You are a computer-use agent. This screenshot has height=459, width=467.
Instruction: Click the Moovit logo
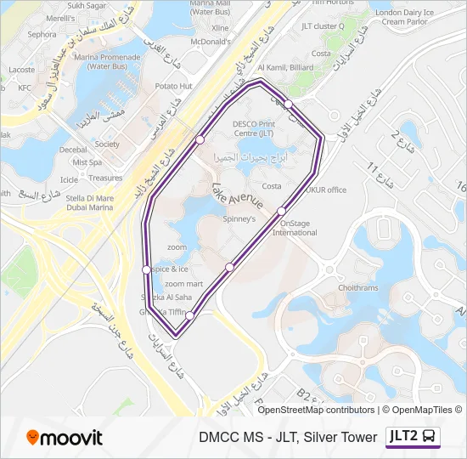pos(65,438)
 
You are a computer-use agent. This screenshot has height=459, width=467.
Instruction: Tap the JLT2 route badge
pos(414,437)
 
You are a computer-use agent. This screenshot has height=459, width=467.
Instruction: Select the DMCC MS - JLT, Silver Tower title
pos(288,438)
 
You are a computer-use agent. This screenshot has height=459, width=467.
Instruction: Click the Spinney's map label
pos(239,218)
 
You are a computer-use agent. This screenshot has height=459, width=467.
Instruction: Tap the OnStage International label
pos(294,228)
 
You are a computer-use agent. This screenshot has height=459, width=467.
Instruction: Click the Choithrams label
pos(357,288)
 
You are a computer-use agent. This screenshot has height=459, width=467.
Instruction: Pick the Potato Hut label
pos(174,86)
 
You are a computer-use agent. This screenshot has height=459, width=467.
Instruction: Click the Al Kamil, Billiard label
pos(285,68)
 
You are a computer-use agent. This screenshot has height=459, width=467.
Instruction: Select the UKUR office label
pos(326,190)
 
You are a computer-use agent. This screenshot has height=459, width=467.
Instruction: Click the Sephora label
pos(42,35)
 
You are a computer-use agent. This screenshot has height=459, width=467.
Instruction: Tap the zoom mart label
pos(184,284)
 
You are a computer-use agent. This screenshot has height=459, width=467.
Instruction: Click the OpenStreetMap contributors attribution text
pos(316,410)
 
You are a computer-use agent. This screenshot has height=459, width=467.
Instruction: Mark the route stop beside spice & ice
pos(146,269)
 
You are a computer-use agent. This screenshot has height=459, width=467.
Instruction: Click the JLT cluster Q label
pos(322,25)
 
